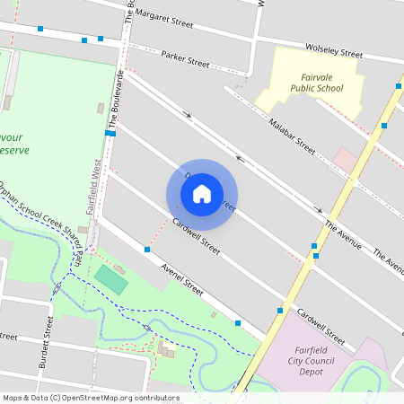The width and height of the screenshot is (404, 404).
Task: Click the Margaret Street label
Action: click(x=163, y=21)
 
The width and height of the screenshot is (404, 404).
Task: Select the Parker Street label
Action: click(x=185, y=59)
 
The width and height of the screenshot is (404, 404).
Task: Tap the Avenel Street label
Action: click(x=181, y=278)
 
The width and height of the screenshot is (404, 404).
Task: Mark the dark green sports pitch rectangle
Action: click(x=111, y=278)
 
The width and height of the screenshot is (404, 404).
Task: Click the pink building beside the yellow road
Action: click(x=345, y=161)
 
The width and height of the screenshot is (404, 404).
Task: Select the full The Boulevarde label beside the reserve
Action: click(x=117, y=99)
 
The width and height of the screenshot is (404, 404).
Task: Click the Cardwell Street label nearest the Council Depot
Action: click(x=321, y=328)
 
